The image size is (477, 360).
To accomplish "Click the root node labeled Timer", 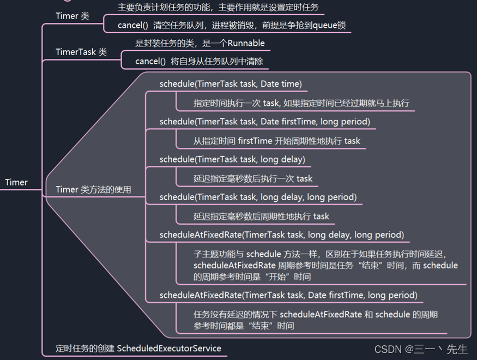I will (16, 182).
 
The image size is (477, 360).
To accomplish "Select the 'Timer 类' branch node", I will (72, 16).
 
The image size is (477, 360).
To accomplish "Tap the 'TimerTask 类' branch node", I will (81, 52).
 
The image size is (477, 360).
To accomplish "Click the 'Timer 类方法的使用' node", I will (93, 189).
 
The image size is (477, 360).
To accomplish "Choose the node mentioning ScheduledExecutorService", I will (138, 348).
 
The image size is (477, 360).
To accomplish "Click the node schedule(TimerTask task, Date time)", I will (231, 84).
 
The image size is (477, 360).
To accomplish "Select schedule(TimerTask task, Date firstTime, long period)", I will (264, 121).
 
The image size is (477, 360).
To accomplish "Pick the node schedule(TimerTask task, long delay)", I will (232, 159).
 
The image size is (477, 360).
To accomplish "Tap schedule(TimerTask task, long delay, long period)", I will (258, 197).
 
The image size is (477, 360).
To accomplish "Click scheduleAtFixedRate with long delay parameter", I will (282, 235).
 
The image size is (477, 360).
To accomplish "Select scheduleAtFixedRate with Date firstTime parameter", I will (288, 295).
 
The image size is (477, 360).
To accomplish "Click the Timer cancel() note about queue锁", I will (232, 25).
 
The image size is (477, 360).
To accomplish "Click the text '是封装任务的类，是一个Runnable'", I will (200, 43).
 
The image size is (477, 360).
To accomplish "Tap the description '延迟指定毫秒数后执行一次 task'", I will (253, 178).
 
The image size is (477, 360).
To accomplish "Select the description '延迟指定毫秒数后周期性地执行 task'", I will (261, 216).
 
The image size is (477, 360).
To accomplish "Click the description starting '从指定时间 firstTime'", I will (276, 141).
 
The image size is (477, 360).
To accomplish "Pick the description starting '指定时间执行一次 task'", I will (301, 103).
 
